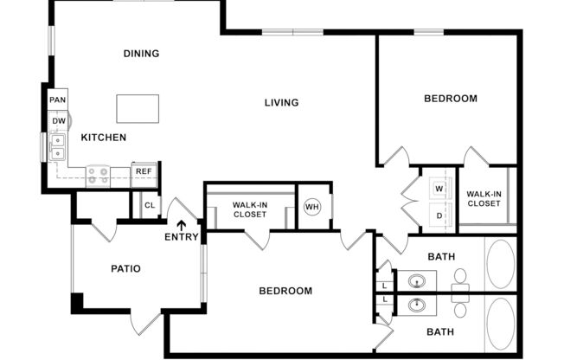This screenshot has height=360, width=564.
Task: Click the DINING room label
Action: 141,54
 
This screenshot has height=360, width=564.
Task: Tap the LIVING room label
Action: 281,103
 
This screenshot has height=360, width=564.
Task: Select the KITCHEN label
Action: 104,138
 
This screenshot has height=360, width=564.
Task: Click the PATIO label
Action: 126,268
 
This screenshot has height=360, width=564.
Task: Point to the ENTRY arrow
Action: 181,226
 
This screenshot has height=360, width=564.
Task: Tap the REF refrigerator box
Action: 144,172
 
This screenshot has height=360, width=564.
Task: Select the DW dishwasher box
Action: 58,120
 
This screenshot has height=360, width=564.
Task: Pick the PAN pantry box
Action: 58,100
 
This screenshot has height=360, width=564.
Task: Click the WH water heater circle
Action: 312,208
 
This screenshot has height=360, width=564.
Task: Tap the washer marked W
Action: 439,188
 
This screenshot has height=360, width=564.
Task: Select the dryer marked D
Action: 439,215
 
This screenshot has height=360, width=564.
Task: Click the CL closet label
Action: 150,205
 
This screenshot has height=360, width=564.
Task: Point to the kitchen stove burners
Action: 98,176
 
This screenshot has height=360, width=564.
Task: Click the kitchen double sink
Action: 58,147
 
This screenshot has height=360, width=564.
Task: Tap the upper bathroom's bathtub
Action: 500,264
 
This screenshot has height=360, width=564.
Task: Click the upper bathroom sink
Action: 418,280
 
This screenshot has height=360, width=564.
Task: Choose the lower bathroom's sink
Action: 418,305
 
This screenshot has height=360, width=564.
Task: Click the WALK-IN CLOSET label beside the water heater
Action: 249,209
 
